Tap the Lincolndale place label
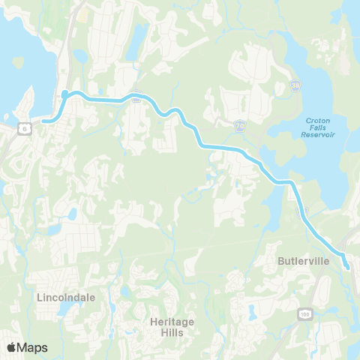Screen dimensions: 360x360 [x=66, y=297]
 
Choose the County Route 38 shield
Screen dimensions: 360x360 [x=296, y=88]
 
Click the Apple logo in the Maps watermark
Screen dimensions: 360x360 [x=12, y=347]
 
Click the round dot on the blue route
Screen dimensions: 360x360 [x=65, y=94]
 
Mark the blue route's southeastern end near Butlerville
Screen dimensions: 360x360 [x=347, y=267]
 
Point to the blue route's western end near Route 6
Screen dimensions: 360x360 [x=43, y=120]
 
